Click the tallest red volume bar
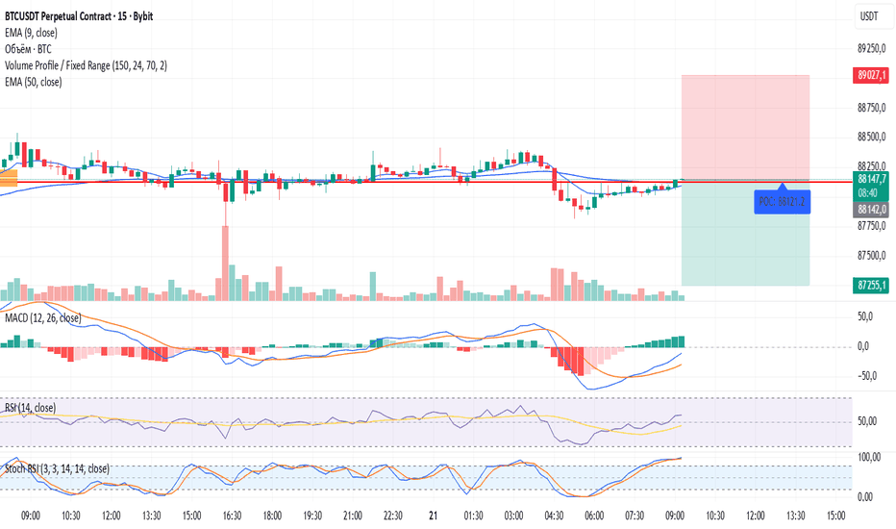[x=226, y=264]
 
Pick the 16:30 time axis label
[x=233, y=516]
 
